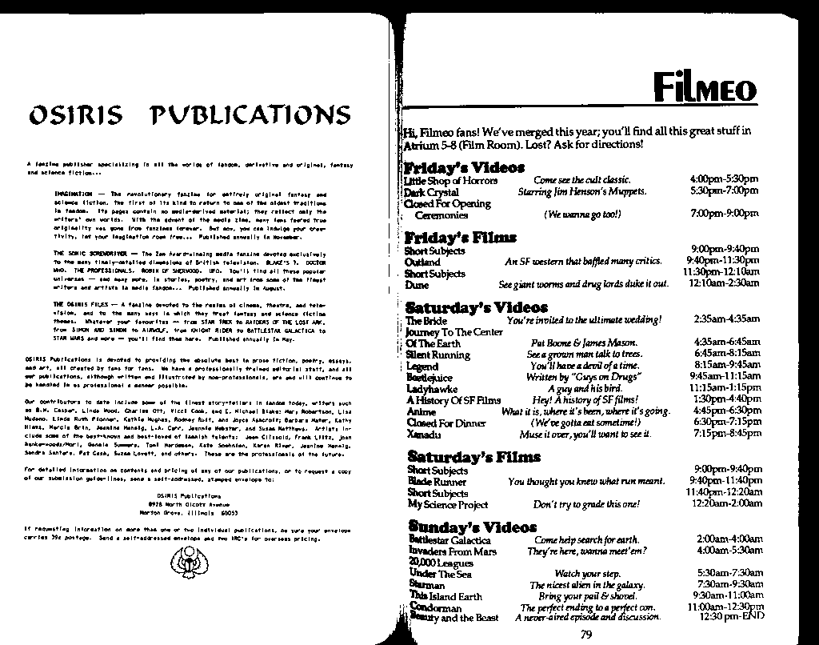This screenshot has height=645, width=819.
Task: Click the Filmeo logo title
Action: click(704, 86)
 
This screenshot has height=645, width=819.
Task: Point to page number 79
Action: click(586, 635)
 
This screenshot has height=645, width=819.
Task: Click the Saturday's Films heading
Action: click(461, 458)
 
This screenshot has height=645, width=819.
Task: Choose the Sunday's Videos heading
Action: click(461, 527)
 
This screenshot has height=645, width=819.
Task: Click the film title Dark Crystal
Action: click(431, 192)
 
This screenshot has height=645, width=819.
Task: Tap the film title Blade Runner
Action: click(436, 482)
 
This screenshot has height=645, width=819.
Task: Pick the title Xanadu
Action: click(423, 434)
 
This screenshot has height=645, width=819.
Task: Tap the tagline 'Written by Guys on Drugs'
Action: click(574, 377)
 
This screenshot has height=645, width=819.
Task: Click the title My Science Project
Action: click(447, 504)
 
